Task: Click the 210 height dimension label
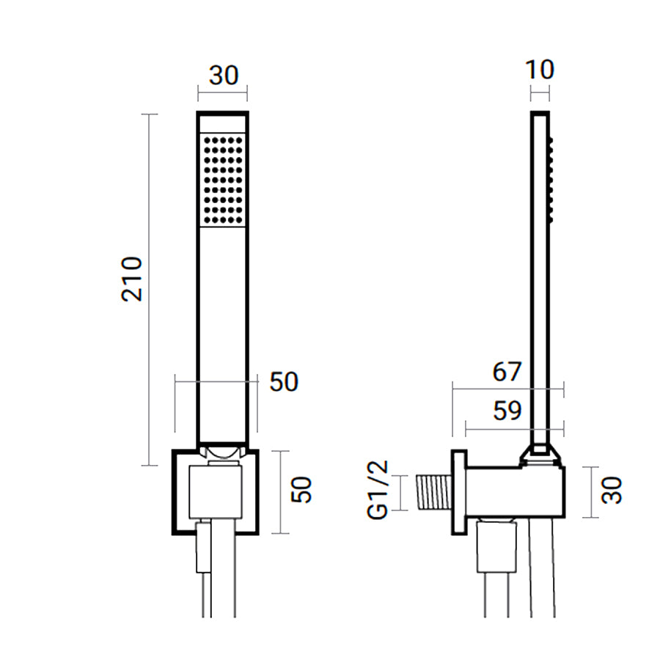(132, 279)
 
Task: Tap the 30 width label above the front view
(224, 76)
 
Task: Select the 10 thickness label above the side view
(540, 70)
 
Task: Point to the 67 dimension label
(507, 372)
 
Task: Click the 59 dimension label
(507, 411)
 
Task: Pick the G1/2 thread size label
(377, 490)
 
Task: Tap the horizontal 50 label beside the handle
(284, 382)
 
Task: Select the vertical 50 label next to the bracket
(301, 490)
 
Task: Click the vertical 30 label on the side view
(611, 490)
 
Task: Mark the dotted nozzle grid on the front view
(223, 180)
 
